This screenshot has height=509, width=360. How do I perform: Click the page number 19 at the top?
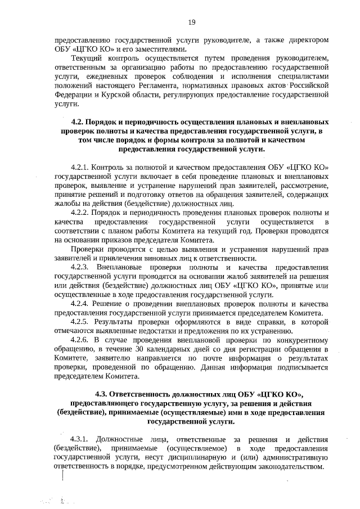191,22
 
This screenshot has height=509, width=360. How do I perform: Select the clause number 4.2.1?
80,168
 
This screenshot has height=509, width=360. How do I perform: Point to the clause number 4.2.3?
80,267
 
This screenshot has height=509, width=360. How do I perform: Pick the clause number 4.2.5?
80,322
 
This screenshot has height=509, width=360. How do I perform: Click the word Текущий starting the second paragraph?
85,58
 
